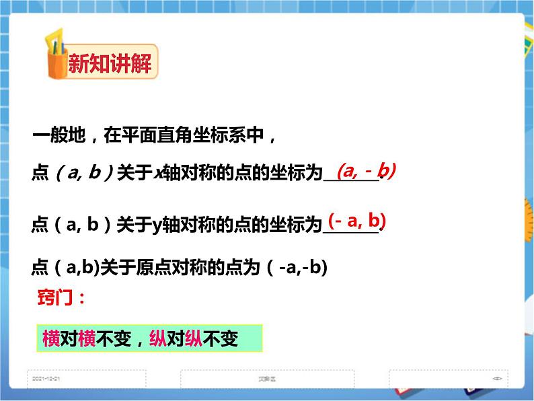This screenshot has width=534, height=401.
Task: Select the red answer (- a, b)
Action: point(357,221)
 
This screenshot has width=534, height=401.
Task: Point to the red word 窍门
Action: point(61,298)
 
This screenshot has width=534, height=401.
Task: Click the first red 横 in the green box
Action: point(51,339)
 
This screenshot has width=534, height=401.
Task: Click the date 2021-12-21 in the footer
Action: point(47,379)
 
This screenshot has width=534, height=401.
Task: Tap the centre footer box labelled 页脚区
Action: point(267,379)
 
